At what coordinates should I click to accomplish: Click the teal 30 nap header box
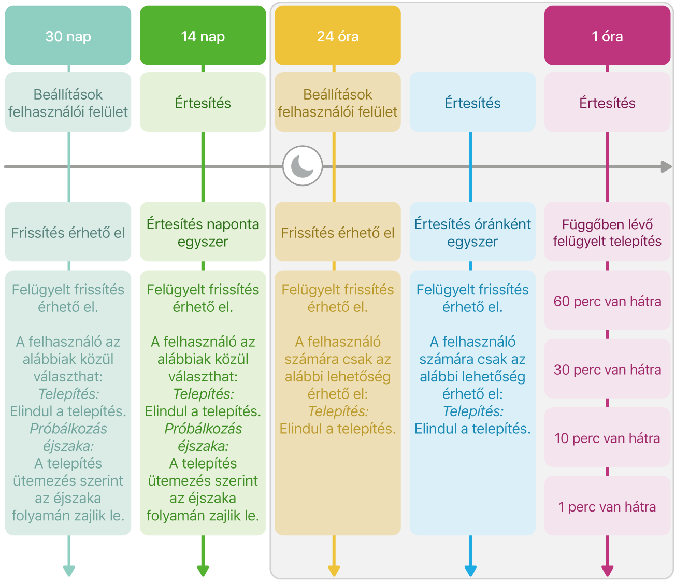[x=68, y=35]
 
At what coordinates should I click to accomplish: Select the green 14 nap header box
[x=203, y=35]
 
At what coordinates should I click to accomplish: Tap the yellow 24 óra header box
[x=338, y=35]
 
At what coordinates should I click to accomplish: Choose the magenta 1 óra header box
[x=608, y=35]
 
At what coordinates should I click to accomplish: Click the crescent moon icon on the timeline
[x=303, y=166]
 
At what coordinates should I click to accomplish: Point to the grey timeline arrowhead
[x=666, y=167]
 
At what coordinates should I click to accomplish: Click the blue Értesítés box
[x=472, y=102]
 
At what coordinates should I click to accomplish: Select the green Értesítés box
[x=203, y=102]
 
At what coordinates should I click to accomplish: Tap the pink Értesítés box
[x=608, y=102]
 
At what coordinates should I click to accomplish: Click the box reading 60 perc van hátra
[x=608, y=300]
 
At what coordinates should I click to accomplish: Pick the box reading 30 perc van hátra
[x=608, y=369]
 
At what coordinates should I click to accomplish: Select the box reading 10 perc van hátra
[x=608, y=437]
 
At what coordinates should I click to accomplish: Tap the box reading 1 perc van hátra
[x=608, y=506]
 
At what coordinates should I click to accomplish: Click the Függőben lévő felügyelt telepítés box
[x=608, y=232]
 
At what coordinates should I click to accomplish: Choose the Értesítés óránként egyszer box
[x=472, y=232]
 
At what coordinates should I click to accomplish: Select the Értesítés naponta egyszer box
[x=203, y=232]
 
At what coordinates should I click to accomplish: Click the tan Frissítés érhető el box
[x=338, y=232]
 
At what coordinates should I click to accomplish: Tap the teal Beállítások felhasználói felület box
[x=68, y=102]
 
